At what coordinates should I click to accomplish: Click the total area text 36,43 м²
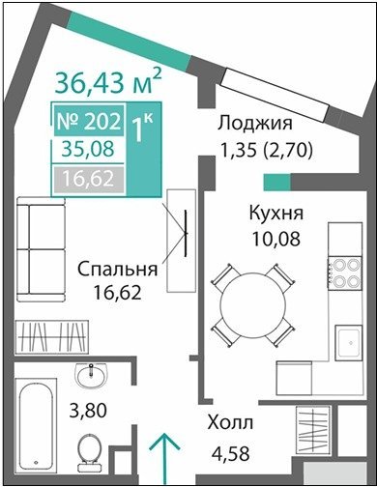108,81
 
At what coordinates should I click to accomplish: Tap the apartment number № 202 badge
89,121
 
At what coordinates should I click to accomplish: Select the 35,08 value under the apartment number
88,149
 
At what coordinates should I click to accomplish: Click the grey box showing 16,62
89,179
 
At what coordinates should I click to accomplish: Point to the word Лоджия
255,123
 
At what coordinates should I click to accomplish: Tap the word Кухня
276,213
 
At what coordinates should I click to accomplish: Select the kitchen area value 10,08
276,239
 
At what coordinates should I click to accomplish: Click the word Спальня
117,269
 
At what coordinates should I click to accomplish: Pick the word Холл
230,422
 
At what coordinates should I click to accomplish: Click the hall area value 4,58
230,453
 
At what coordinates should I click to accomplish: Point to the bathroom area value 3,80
88,411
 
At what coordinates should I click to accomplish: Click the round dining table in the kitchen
253,305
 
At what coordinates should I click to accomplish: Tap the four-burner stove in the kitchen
344,272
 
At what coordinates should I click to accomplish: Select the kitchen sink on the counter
348,343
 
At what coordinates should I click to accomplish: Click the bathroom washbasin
92,376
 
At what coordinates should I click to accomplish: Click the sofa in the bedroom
42,249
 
